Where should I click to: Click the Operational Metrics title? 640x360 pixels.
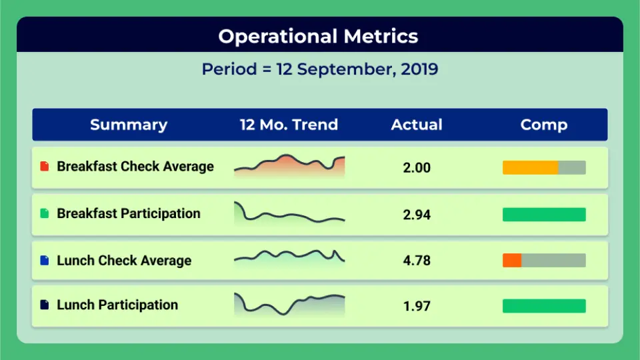[x=318, y=36]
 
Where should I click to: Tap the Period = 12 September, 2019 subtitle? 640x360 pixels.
[x=320, y=69]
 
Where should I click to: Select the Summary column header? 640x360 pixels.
[x=129, y=125]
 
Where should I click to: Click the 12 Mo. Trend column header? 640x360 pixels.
[x=289, y=125]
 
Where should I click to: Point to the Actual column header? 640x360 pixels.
[x=417, y=125]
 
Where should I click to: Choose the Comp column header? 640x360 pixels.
[x=544, y=125]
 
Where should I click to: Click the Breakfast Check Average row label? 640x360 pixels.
[x=135, y=167]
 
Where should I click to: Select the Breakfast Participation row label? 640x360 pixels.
[x=129, y=214]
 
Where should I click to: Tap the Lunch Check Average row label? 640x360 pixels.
[x=124, y=261]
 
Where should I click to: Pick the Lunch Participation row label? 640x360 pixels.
[x=117, y=305]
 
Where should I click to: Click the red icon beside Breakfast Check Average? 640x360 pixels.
[x=45, y=167]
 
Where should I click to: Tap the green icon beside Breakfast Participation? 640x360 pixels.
[x=45, y=214]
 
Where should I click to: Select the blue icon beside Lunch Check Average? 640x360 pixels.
[x=45, y=261]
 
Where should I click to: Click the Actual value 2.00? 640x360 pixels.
[x=417, y=168]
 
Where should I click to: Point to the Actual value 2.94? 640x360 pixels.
[x=417, y=215]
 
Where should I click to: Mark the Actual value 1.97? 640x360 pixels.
[x=417, y=306]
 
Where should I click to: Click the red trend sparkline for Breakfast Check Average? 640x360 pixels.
[x=289, y=166]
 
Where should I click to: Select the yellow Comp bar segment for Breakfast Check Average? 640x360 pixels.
[x=530, y=168]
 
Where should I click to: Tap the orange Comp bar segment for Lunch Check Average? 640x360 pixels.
[x=512, y=261]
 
